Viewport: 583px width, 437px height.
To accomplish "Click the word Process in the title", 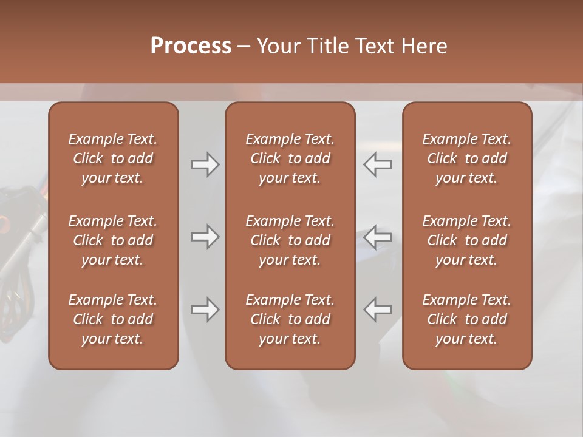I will pyautogui.click(x=191, y=46).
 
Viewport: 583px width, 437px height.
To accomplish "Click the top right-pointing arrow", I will pyautogui.click(x=205, y=164).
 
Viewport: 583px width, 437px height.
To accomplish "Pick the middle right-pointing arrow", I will pyautogui.click(x=205, y=237).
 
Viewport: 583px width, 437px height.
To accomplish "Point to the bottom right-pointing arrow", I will pyautogui.click(x=205, y=310).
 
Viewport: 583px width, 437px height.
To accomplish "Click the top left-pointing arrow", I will pyautogui.click(x=378, y=164).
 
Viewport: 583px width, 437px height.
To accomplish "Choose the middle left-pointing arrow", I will pyautogui.click(x=378, y=237).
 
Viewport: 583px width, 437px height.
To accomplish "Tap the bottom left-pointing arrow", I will pyautogui.click(x=378, y=310).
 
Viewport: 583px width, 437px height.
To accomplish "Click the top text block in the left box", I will pyautogui.click(x=113, y=158).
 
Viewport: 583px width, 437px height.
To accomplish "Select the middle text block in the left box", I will pyautogui.click(x=113, y=240).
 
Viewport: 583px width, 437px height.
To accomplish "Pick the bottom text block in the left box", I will pyautogui.click(x=113, y=319).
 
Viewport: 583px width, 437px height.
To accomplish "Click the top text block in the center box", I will pyautogui.click(x=290, y=158).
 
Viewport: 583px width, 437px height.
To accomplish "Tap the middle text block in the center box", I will pyautogui.click(x=290, y=240).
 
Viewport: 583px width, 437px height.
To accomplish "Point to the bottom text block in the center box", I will pyautogui.click(x=290, y=319).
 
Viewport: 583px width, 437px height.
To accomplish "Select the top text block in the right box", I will pyautogui.click(x=467, y=158).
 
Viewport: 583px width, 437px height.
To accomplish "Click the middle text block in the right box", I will pyautogui.click(x=467, y=240).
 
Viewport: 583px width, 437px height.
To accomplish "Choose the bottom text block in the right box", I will pyautogui.click(x=467, y=319).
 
